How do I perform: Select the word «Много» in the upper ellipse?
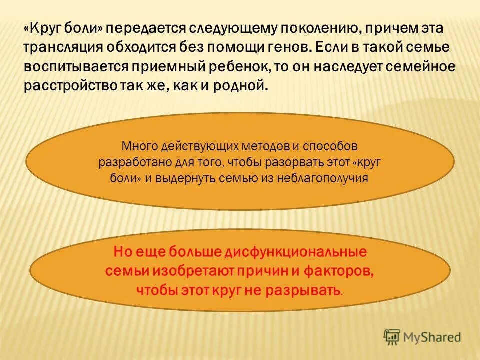click(139, 147)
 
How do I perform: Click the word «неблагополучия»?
click(324, 179)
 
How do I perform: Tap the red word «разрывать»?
click(310, 289)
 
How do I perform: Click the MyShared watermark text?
click(431, 338)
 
